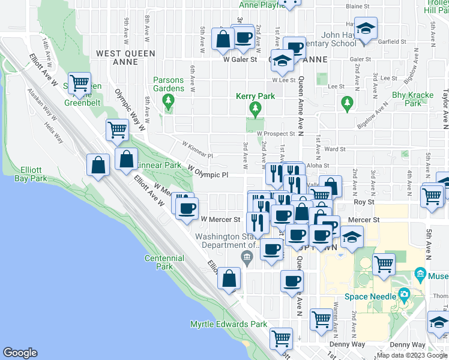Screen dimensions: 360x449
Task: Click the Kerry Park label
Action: pyautogui.click(x=256, y=97)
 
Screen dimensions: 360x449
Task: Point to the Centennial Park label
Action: pyautogui.click(x=163, y=262)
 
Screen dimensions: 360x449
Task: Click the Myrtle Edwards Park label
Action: pyautogui.click(x=228, y=324)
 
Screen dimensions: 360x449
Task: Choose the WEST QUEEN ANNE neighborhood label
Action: pyautogui.click(x=125, y=54)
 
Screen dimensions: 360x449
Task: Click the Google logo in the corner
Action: pyautogui.click(x=20, y=353)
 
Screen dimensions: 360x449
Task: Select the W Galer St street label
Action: pyautogui.click(x=240, y=59)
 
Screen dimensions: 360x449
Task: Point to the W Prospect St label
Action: pyautogui.click(x=276, y=134)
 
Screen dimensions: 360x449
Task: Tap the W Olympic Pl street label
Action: pyautogui.click(x=208, y=172)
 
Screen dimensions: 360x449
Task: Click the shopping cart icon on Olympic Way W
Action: pyautogui.click(x=118, y=128)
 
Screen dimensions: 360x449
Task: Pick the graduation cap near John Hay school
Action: pyautogui.click(x=364, y=28)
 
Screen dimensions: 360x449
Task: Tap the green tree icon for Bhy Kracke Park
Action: pyautogui.click(x=346, y=103)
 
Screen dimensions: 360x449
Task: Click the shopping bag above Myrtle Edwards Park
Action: pyautogui.click(x=229, y=278)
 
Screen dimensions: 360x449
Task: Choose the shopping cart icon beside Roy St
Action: pyautogui.click(x=432, y=195)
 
